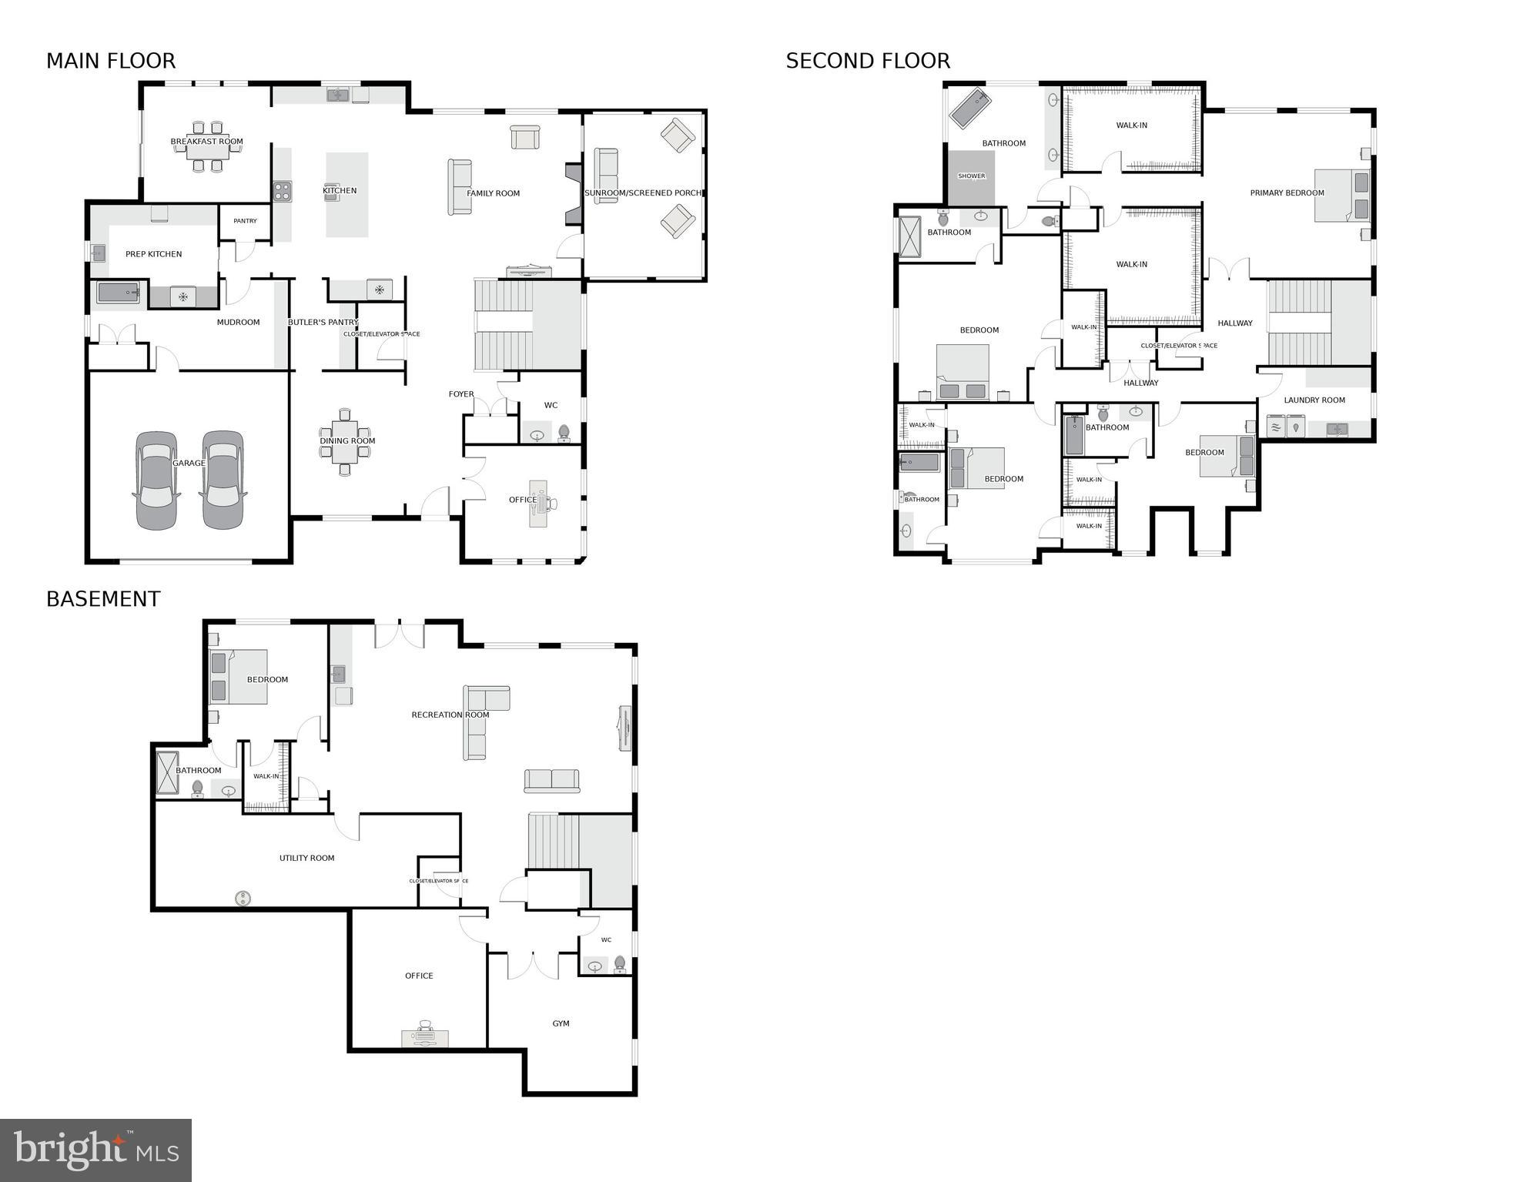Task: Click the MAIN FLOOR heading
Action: [x=111, y=61]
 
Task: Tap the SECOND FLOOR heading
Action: [x=868, y=61]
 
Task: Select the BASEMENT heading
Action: [x=103, y=599]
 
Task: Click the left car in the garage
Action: [x=156, y=480]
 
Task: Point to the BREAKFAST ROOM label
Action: [x=206, y=142]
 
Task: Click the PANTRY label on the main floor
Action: [x=245, y=221]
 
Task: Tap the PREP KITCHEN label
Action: [x=153, y=254]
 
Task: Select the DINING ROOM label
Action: [x=347, y=441]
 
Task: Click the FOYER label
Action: [x=461, y=394]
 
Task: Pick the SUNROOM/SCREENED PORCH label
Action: [x=643, y=193]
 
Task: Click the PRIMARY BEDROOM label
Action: [x=1287, y=193]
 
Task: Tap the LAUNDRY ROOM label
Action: [x=1314, y=400]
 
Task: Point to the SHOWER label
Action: [x=971, y=176]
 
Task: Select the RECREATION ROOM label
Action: [x=450, y=715]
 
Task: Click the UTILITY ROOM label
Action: [x=306, y=858]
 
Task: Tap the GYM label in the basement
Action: [x=561, y=1023]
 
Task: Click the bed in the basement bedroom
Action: [x=239, y=677]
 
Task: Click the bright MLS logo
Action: [x=95, y=1150]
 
